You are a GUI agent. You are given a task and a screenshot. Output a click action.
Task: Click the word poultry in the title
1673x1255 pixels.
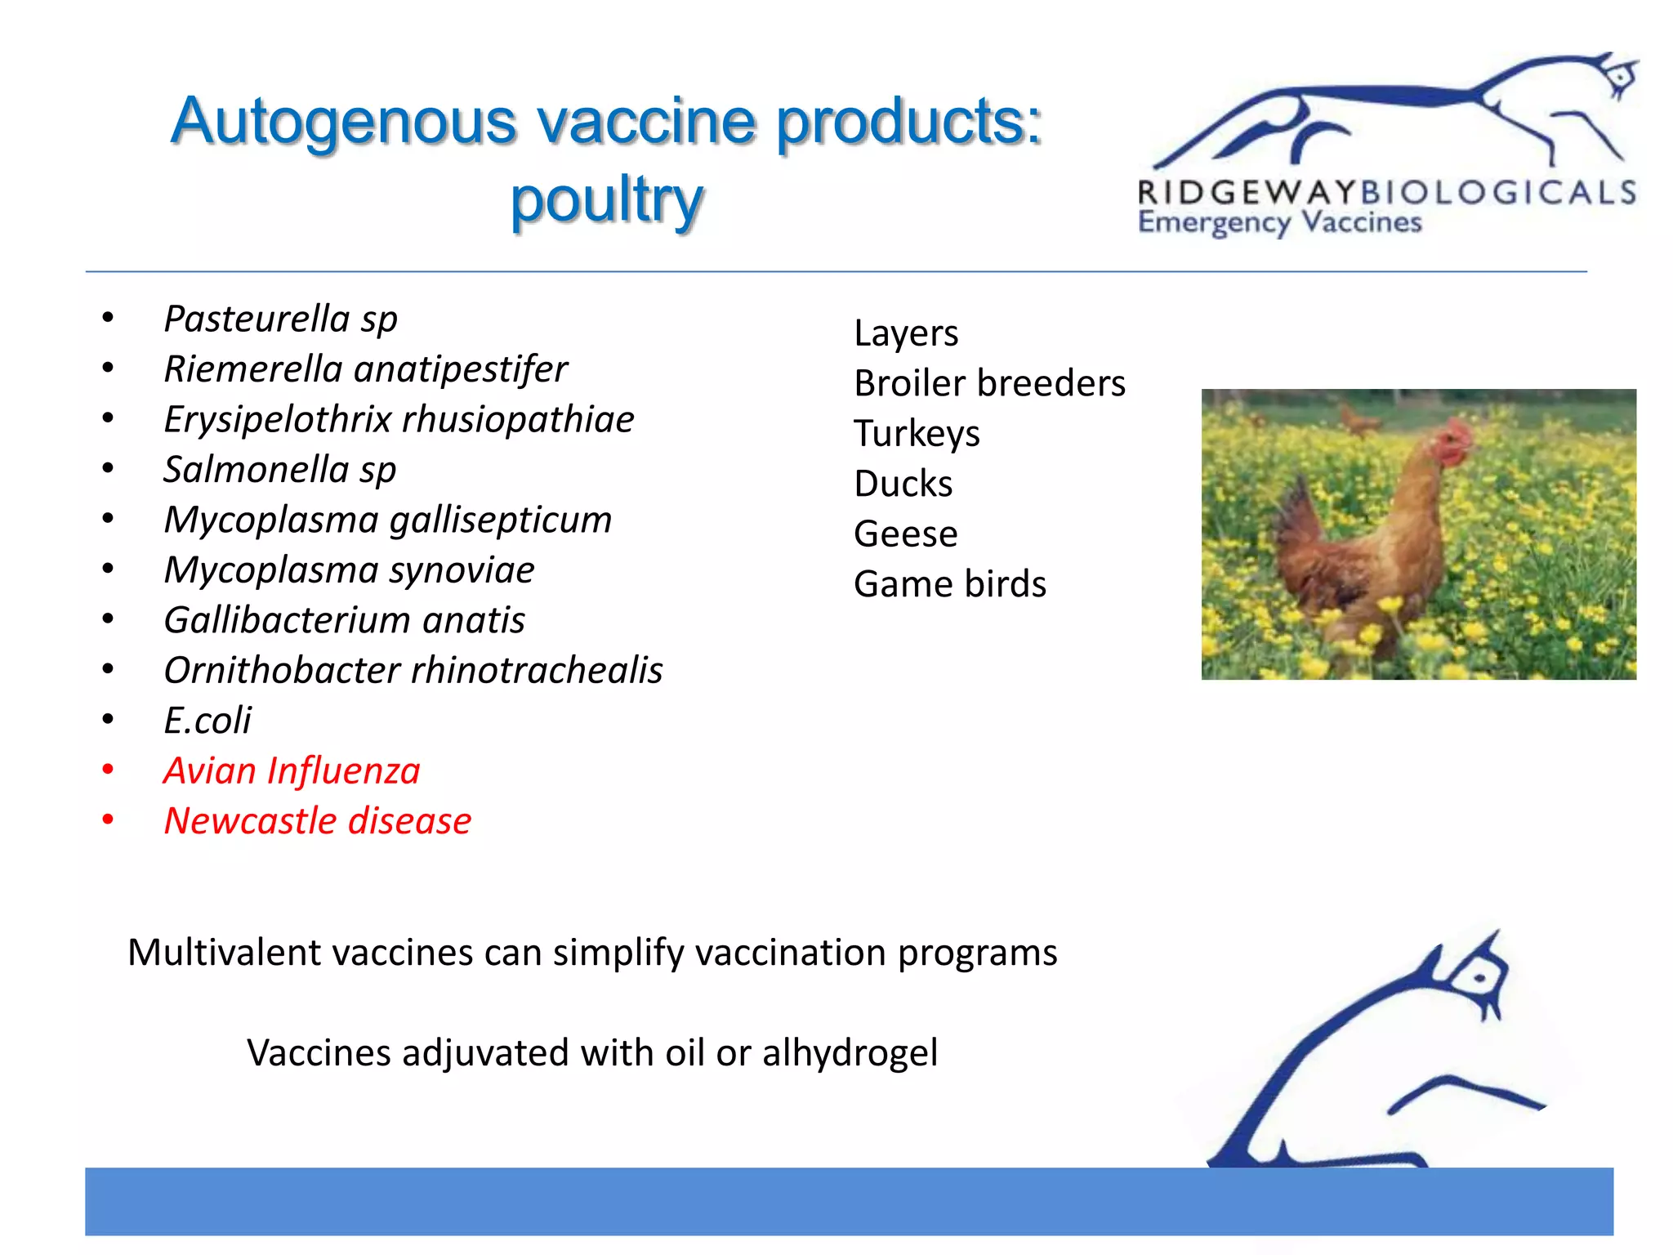tap(606, 200)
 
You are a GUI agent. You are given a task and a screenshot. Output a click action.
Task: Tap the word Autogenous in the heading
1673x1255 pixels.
tap(343, 121)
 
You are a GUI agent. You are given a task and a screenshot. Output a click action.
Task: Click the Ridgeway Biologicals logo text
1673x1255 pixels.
tap(1386, 193)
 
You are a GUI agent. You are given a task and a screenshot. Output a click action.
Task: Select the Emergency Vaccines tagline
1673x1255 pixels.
tap(1279, 222)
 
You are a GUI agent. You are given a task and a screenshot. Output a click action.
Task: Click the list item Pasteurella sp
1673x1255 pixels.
tap(280, 319)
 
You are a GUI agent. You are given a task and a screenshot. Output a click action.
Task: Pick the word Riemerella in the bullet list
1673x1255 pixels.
tap(253, 369)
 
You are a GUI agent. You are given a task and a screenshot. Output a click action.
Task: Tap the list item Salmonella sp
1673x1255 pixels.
tap(280, 470)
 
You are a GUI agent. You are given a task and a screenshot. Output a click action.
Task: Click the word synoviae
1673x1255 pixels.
tap(462, 570)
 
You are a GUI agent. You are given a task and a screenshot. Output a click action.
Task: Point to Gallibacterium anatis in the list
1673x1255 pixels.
tap(344, 620)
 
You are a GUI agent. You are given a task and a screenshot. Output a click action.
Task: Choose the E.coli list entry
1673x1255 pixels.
tap(207, 721)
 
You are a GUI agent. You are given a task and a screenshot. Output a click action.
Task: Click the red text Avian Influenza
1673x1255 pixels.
tap(292, 771)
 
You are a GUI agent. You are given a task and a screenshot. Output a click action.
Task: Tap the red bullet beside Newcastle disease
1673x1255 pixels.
tap(108, 820)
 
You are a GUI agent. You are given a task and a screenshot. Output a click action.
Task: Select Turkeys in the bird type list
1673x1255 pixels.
tap(917, 434)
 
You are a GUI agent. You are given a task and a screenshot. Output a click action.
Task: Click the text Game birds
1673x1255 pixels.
tap(949, 584)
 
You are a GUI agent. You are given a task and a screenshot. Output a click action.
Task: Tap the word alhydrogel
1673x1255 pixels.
tap(850, 1053)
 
